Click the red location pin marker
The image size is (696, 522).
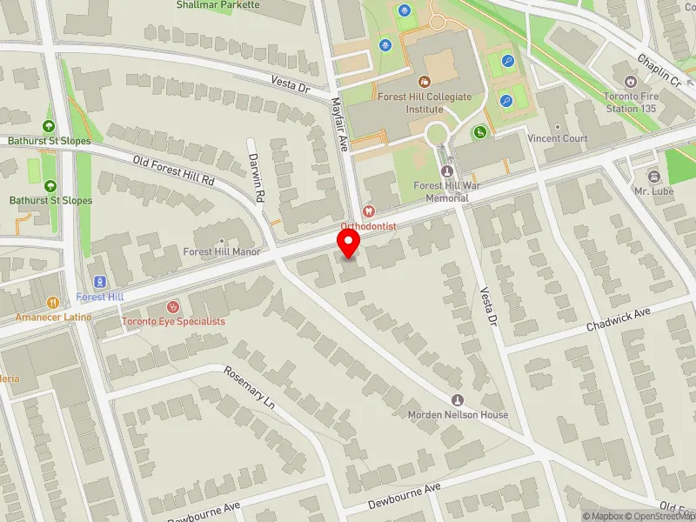coord(349,243)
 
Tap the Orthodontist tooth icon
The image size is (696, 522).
coord(368,211)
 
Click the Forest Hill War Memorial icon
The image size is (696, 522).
coord(448,171)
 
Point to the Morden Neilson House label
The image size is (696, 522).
coord(458,415)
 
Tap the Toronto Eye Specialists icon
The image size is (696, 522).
coord(172,307)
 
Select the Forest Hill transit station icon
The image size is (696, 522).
coord(100,282)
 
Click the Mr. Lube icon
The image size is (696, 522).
coord(654,177)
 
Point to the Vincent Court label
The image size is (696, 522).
coord(557,138)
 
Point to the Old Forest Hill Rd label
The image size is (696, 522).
coord(174,171)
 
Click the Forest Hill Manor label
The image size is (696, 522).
coord(222,252)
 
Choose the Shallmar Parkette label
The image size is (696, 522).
coord(217,4)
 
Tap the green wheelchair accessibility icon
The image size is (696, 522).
coord(478,132)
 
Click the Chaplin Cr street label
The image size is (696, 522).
coord(659,70)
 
